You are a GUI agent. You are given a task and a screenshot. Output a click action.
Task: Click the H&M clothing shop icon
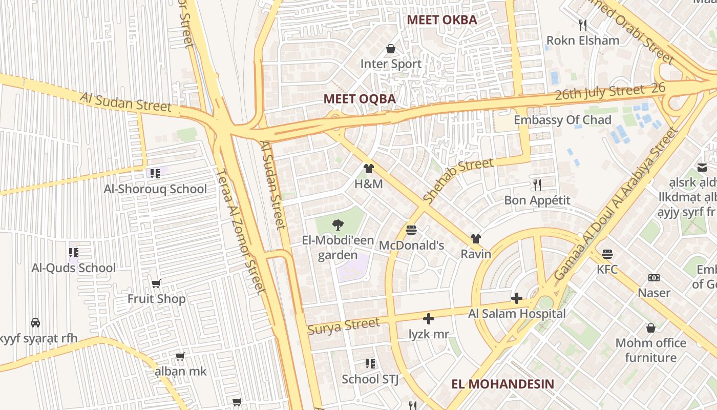[368, 169]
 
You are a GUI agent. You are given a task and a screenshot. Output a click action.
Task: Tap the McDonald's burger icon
[411, 230]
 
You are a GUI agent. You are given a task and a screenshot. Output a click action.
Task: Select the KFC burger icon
[607, 254]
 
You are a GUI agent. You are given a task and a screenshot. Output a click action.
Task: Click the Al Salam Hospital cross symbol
[517, 298]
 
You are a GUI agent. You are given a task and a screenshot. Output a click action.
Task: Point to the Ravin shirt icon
[476, 239]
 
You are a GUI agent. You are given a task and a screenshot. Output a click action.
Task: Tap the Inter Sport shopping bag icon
[391, 49]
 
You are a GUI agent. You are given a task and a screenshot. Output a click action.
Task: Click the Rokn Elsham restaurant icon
[582, 25]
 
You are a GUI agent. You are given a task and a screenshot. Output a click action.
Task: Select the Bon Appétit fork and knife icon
[537, 184]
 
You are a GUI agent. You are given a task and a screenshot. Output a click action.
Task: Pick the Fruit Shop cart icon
[156, 283]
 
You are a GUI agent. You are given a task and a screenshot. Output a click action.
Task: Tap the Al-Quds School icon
[73, 252]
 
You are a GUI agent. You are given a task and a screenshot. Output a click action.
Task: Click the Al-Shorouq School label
[155, 189]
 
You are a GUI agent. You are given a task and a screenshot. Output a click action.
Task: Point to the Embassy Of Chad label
[562, 120]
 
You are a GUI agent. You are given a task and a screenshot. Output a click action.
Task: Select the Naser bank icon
[653, 278]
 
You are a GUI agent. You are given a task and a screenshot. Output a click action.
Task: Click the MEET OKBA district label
[441, 20]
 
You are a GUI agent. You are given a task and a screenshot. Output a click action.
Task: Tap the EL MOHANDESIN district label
[502, 384]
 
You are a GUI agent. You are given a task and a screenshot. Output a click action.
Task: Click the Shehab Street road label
[458, 180]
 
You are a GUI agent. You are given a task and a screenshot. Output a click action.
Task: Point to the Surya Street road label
[344, 326]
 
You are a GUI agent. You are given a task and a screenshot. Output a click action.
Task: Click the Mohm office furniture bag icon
[650, 327]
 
